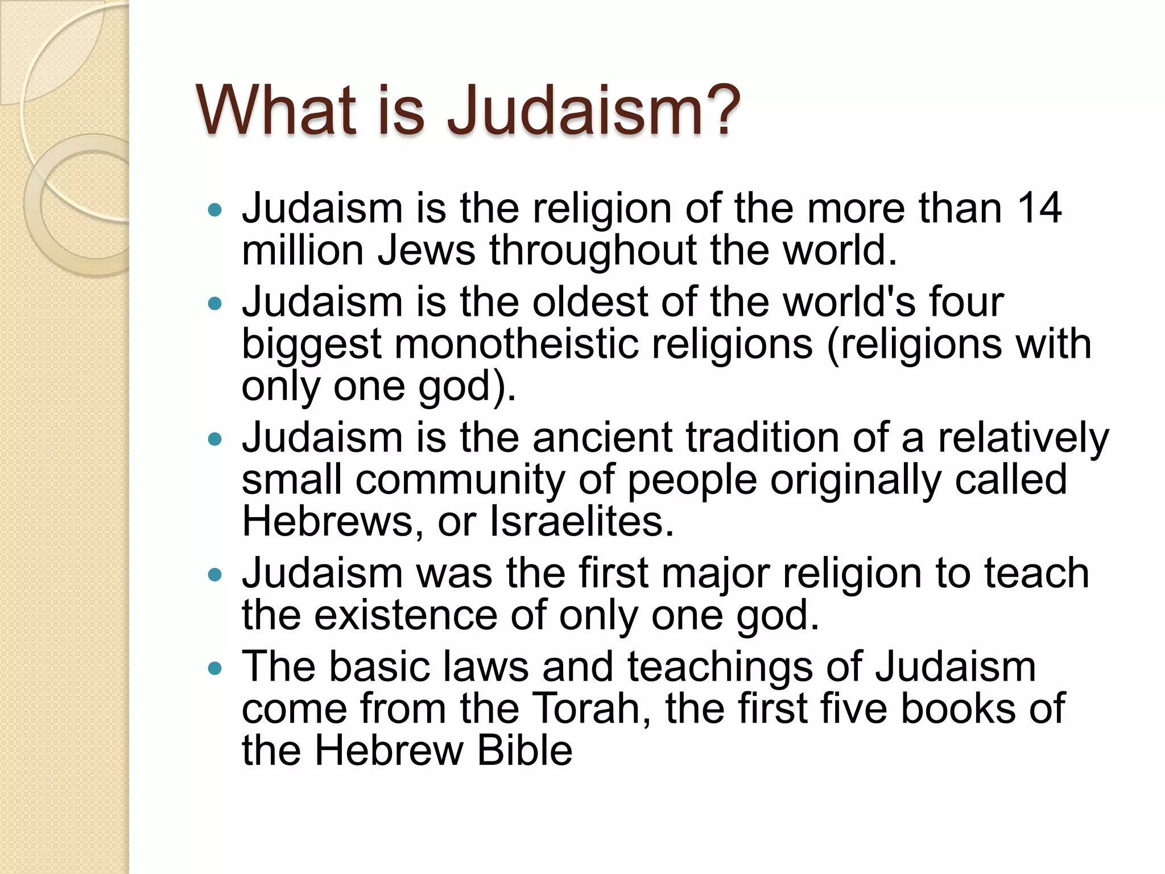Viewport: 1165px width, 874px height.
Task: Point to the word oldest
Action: click(589, 302)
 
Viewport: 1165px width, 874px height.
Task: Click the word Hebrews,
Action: click(332, 522)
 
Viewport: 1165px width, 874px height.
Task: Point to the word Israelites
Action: click(581, 522)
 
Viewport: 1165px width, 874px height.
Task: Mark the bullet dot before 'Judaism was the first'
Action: click(214, 575)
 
